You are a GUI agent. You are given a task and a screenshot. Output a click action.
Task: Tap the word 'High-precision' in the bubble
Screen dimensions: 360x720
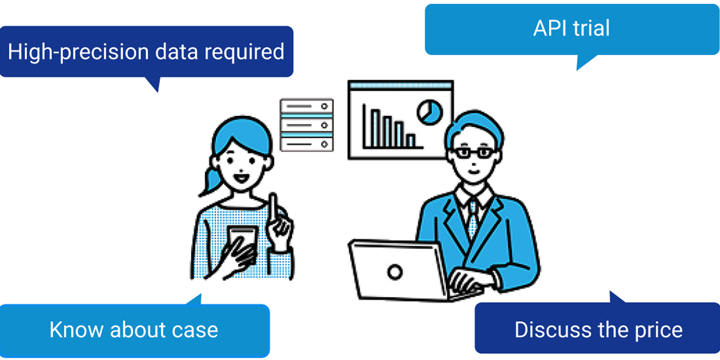(78, 52)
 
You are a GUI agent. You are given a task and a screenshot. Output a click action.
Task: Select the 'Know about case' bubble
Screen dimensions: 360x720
(134, 330)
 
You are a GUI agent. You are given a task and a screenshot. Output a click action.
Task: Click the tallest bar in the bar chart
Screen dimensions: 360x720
(375, 128)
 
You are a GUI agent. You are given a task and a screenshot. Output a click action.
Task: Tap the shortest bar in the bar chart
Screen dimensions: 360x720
(411, 140)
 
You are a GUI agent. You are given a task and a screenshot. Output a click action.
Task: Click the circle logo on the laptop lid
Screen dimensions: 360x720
(395, 272)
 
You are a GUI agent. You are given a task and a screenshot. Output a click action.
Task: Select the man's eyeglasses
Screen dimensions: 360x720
(474, 153)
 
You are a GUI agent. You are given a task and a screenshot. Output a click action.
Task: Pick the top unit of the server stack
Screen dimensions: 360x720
(307, 106)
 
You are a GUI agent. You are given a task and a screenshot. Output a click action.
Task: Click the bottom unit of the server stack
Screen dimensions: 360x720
(307, 144)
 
